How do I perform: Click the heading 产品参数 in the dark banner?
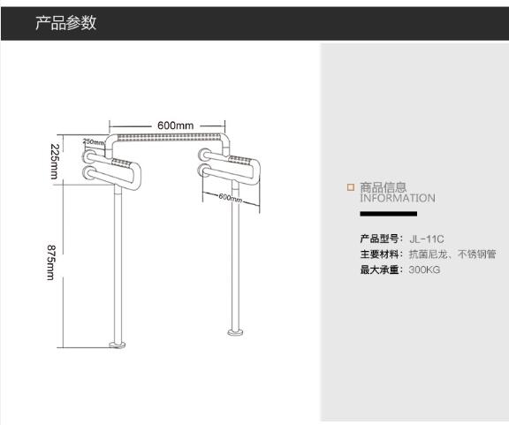point(66,23)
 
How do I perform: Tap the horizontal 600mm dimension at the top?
point(175,125)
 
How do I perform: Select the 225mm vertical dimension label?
point(54,161)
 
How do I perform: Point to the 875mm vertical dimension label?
point(51,262)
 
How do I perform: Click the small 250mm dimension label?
point(94,142)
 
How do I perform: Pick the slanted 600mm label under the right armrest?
point(230,197)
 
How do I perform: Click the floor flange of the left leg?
point(118,345)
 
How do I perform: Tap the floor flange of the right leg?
point(236,332)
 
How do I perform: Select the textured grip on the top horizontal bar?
point(169,138)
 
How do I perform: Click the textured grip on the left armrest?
point(122,163)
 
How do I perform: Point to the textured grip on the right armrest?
point(240,160)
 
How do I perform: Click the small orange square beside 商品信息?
point(351,187)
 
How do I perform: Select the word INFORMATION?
point(398,198)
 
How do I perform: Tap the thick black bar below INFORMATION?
point(389,214)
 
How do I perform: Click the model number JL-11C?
point(427,239)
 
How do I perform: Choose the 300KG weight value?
point(424,269)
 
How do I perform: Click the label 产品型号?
point(379,239)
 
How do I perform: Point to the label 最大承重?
point(379,269)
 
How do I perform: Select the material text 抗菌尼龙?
point(429,254)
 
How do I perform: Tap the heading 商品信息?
point(383,187)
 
